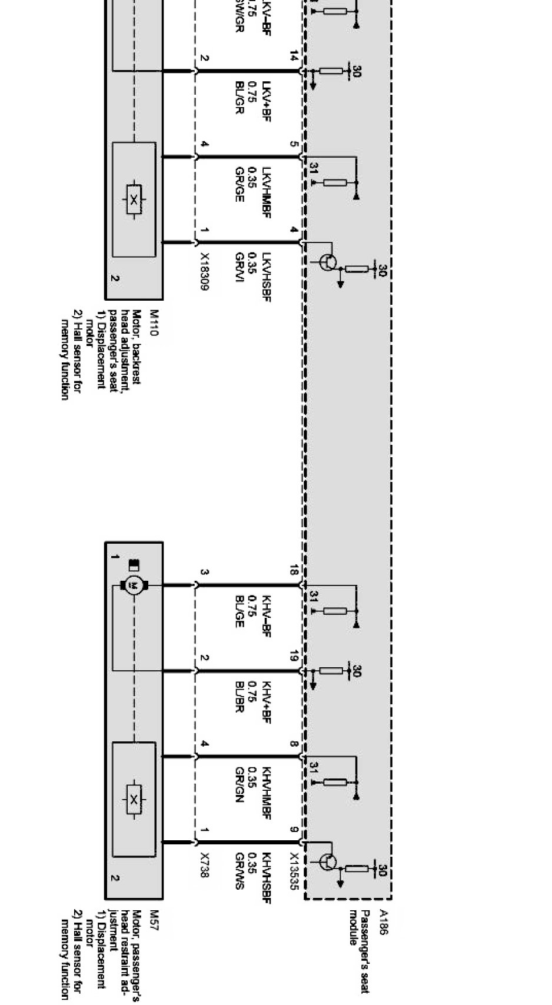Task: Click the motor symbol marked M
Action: [x=134, y=585]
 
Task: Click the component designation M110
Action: [x=154, y=323]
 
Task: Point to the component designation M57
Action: [x=154, y=919]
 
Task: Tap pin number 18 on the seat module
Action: [x=294, y=570]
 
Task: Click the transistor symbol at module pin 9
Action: [x=328, y=862]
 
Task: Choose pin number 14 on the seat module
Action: [x=294, y=56]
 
